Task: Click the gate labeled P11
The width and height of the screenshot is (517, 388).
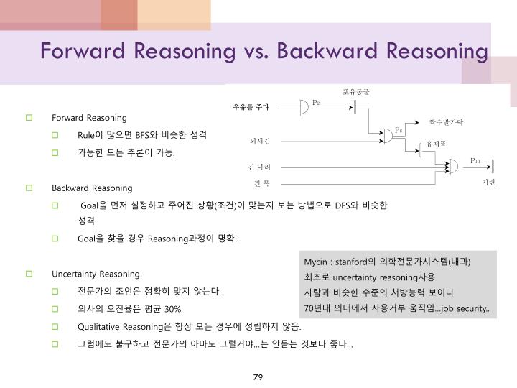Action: tap(454, 166)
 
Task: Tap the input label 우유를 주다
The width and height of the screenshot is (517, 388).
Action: tap(251, 108)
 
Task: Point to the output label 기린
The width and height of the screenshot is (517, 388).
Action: tap(489, 183)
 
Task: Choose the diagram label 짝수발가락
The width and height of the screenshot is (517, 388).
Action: tap(446, 123)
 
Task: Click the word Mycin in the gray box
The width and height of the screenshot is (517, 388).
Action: tap(315, 261)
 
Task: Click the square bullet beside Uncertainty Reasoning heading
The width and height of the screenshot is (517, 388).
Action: tap(29, 274)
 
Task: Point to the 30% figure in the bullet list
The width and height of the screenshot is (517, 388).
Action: tap(172, 308)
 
